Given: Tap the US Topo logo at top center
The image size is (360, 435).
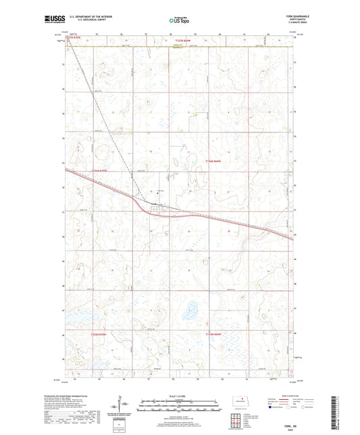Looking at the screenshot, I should point(179,21).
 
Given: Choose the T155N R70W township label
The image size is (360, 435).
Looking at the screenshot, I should point(80,336).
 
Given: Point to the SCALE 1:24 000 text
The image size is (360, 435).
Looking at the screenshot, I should point(180,396).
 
